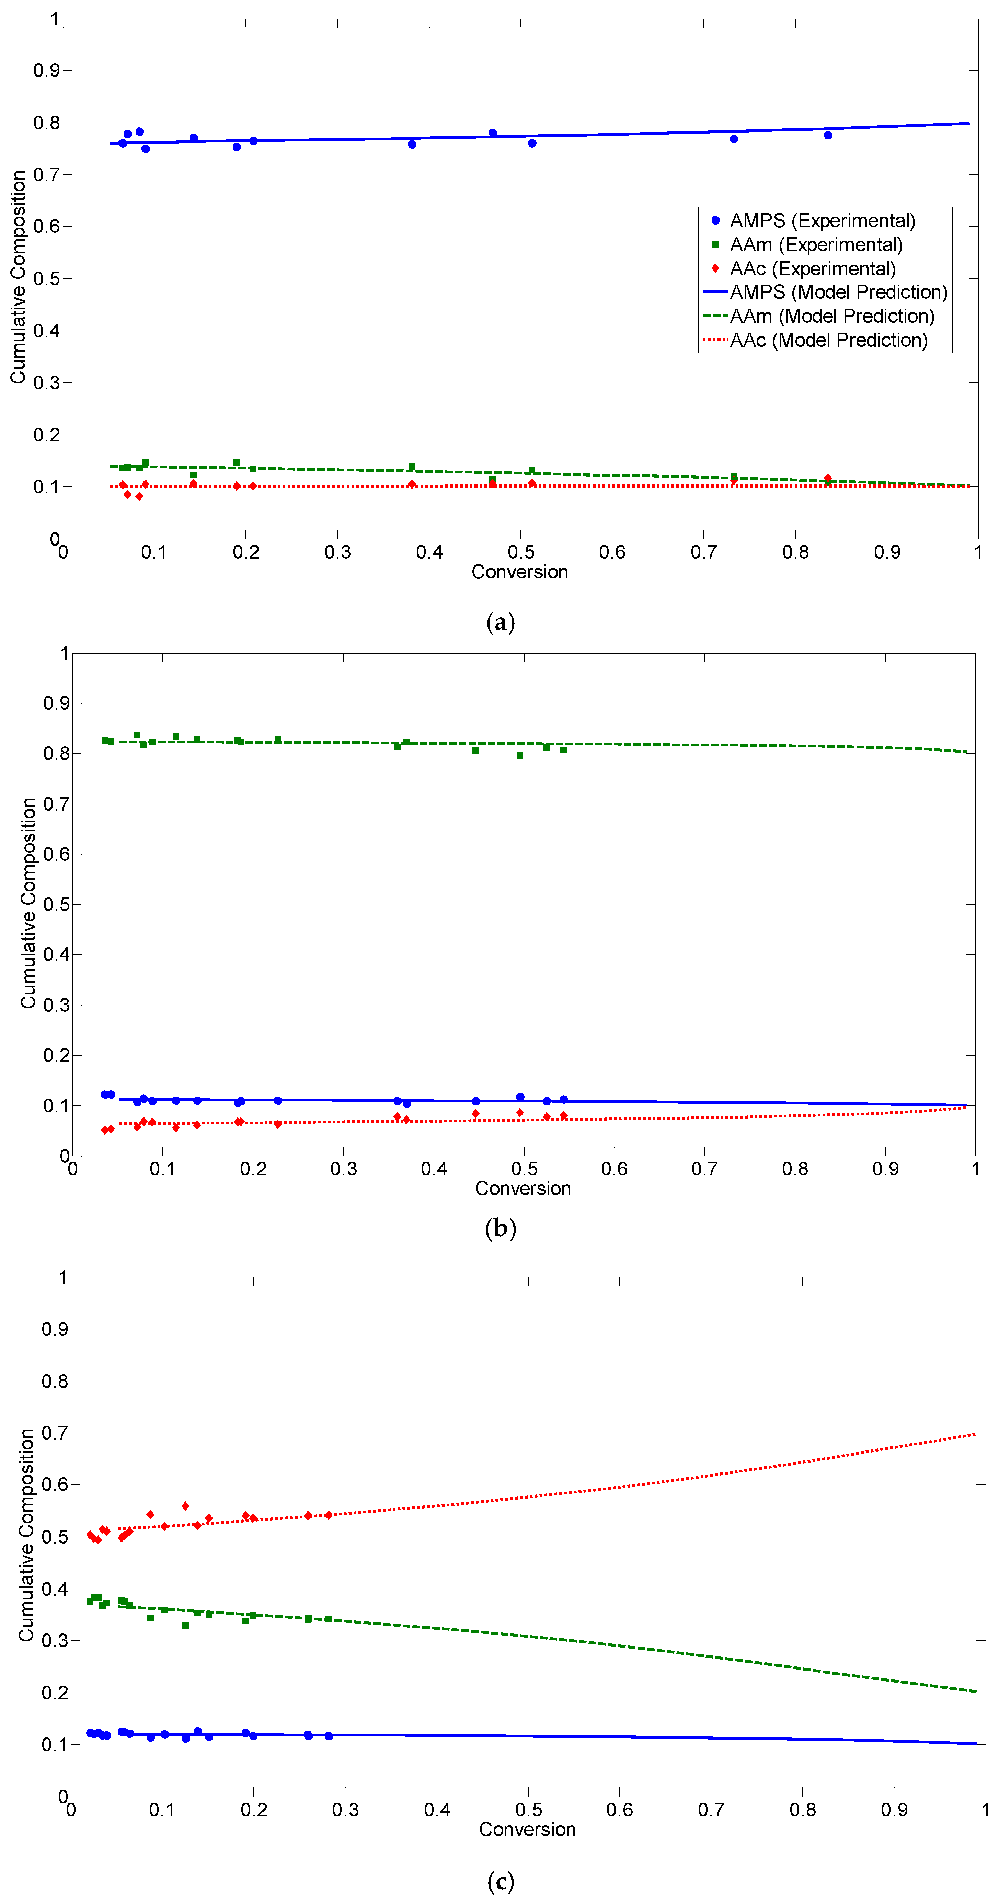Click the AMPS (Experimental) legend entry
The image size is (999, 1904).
point(822,221)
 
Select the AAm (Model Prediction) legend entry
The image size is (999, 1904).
point(831,316)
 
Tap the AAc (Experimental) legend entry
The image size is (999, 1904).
point(812,269)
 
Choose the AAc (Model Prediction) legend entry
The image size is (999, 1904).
point(828,340)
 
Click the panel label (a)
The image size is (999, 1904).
point(500,622)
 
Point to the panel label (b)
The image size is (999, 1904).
point(500,1228)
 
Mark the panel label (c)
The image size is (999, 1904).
point(500,1880)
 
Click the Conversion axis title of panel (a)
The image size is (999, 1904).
point(519,572)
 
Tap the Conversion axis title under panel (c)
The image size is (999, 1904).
point(527,1830)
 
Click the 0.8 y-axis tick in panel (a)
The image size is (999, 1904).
point(46,123)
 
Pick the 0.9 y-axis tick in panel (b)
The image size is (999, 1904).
point(55,703)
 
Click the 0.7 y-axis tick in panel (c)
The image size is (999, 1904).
point(54,1432)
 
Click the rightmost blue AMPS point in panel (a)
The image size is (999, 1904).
point(828,135)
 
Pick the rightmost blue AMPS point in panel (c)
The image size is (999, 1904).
point(329,1735)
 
